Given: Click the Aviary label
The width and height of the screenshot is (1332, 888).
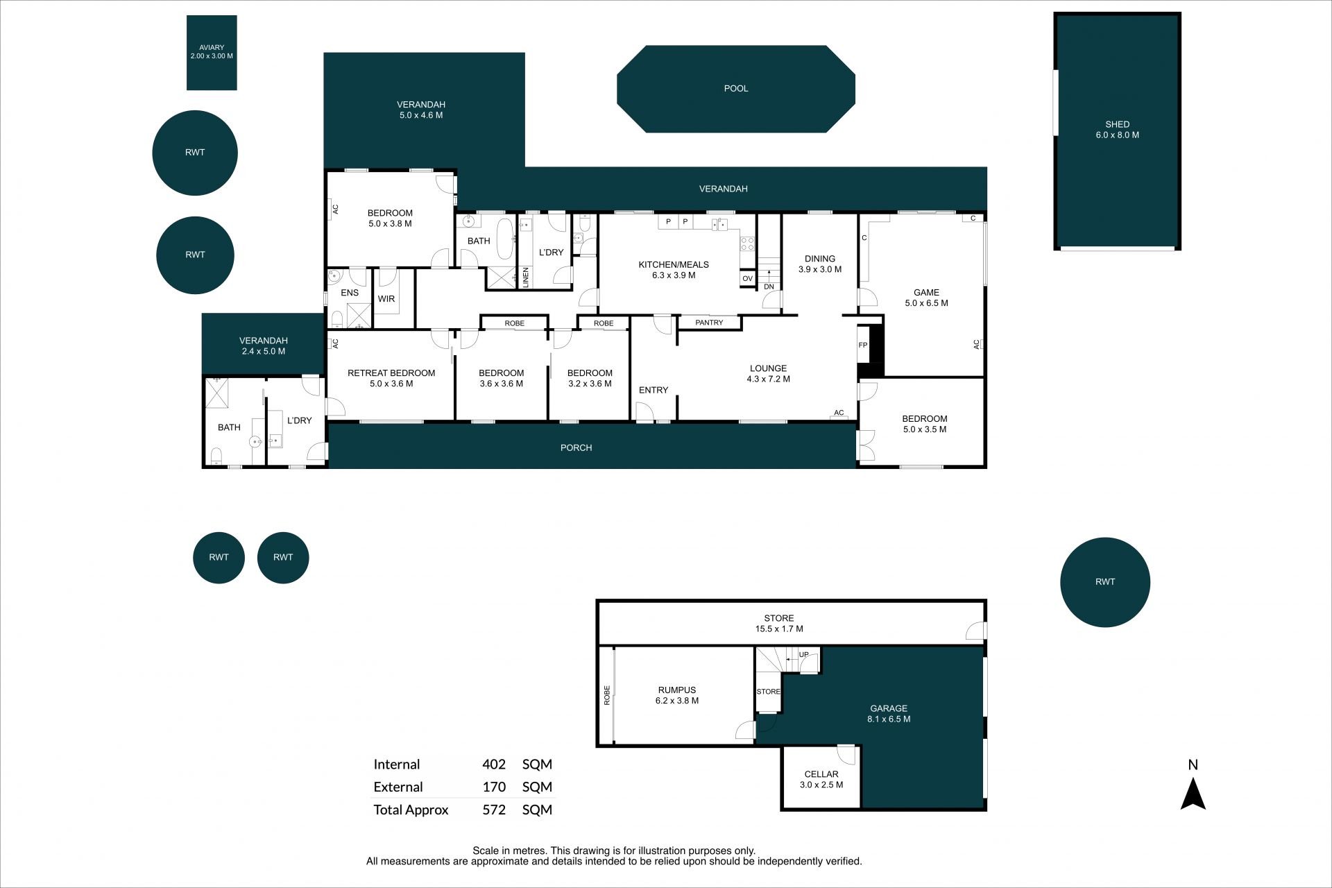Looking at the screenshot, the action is click(212, 48).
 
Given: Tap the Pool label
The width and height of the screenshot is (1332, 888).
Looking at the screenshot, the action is click(736, 89).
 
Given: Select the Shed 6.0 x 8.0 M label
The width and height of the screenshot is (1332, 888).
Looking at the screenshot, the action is click(1117, 130).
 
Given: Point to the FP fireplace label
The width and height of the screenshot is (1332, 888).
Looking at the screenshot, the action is click(863, 345).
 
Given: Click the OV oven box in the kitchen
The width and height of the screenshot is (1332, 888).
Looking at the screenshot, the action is click(747, 278).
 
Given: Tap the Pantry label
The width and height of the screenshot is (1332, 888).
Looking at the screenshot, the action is click(709, 323).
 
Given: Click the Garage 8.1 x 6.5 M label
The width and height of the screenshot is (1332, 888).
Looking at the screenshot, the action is click(889, 714).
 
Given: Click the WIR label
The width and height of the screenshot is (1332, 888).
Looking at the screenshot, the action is click(386, 299).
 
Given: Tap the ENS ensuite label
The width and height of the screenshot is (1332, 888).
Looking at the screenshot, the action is click(350, 293).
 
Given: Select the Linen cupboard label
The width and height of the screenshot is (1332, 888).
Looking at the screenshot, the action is click(526, 277).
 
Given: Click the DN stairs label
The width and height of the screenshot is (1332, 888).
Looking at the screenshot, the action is click(769, 287).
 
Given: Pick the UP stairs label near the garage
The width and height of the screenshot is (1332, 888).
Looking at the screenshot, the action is click(804, 654).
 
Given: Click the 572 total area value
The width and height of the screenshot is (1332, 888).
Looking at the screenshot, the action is click(494, 810).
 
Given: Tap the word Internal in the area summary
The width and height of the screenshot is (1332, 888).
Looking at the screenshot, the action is click(397, 765).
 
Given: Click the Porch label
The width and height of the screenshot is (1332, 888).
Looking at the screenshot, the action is click(577, 448).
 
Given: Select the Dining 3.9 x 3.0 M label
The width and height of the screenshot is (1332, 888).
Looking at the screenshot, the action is click(820, 264).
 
